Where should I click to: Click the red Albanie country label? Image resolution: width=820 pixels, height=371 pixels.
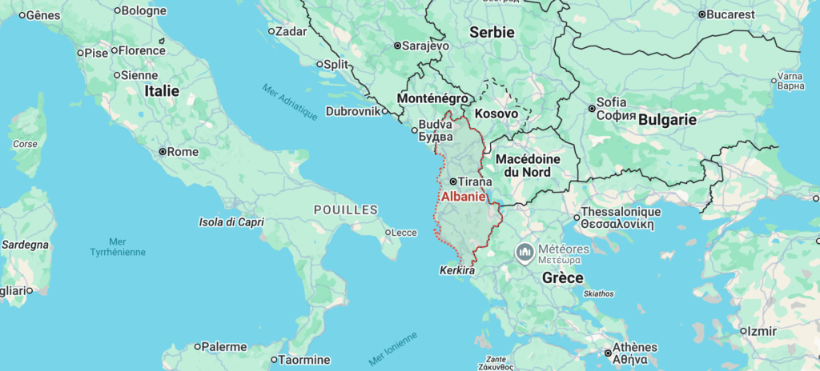pyautogui.click(x=464, y=197)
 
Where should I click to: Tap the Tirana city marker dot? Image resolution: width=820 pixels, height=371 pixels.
pyautogui.click(x=452, y=182)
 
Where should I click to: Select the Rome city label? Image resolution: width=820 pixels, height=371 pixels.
pyautogui.click(x=183, y=151)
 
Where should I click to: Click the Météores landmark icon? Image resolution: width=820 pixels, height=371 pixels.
pyautogui.click(x=525, y=253)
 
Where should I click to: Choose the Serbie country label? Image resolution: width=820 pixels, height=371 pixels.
pyautogui.click(x=491, y=32)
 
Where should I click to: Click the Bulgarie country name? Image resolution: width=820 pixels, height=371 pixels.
pyautogui.click(x=667, y=119)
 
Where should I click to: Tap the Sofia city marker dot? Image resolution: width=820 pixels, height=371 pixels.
pyautogui.click(x=592, y=108)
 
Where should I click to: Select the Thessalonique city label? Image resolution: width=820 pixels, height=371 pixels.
pyautogui.click(x=621, y=212)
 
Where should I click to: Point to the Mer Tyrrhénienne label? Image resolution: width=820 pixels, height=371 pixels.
pyautogui.click(x=118, y=246)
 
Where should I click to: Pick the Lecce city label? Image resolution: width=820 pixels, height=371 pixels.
pyautogui.click(x=404, y=233)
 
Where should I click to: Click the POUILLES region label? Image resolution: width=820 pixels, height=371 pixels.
pyautogui.click(x=345, y=209)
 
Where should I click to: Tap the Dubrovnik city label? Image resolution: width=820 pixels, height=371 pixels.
pyautogui.click(x=352, y=111)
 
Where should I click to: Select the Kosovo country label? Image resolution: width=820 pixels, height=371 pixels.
pyautogui.click(x=496, y=114)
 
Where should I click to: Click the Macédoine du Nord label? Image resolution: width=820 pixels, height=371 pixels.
pyautogui.click(x=534, y=165)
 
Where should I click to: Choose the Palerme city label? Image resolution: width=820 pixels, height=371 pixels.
pyautogui.click(x=224, y=347)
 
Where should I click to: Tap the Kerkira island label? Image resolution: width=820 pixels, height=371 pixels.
pyautogui.click(x=457, y=272)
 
